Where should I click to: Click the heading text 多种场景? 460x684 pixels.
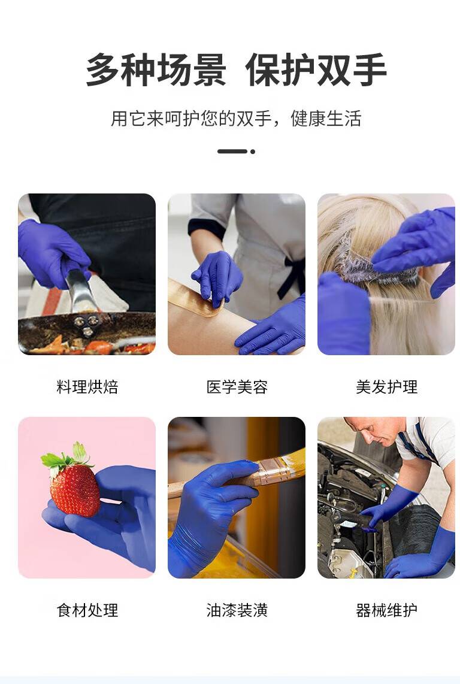point(156,70)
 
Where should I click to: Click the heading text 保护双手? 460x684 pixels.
point(316,70)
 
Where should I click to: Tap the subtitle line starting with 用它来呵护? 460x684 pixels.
point(236,118)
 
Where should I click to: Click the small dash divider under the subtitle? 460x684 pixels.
point(236,152)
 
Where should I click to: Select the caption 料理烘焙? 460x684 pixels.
point(87,387)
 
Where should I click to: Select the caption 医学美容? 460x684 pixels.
point(237,387)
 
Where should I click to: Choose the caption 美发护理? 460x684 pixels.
point(386,387)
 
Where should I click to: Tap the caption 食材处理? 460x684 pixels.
point(87,610)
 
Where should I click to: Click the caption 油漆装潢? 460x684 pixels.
point(237,610)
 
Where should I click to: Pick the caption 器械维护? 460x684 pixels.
point(386,610)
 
